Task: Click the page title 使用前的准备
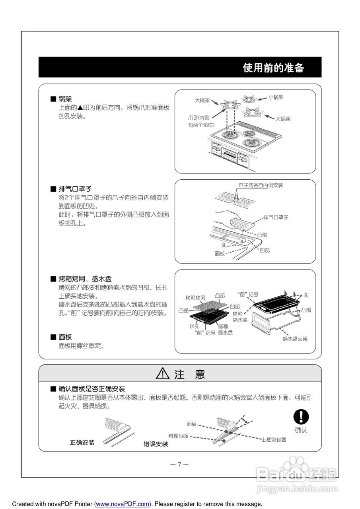pos(273,68)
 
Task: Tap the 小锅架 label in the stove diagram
pos(276,97)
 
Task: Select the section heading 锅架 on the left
pos(65,99)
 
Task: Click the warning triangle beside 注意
pos(163,374)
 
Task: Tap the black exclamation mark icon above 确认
pos(301,417)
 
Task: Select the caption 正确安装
pos(82,442)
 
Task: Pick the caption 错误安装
pos(156,444)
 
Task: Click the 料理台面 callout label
pos(178,436)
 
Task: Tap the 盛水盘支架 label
pos(295,339)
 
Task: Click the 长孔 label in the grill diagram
pos(195,326)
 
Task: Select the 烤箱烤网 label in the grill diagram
pos(195,297)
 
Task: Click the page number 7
pos(179,464)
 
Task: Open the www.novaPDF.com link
pos(122,504)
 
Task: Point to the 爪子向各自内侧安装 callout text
pos(261,185)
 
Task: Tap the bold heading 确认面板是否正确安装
pos(91,389)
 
